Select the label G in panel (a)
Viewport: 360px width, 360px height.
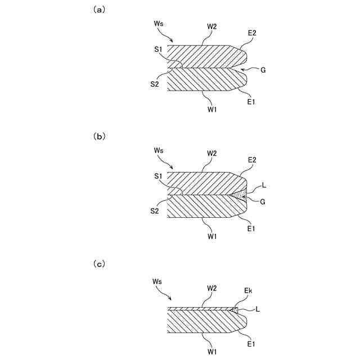click(263, 70)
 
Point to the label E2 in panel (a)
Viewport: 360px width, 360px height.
click(252, 34)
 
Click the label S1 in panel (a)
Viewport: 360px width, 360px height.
click(159, 49)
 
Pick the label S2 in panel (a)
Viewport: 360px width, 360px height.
click(155, 84)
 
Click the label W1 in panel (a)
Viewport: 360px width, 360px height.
click(212, 109)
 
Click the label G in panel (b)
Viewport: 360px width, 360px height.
click(263, 201)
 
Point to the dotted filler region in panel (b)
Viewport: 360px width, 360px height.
click(241, 195)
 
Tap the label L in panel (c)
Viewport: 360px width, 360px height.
click(258, 309)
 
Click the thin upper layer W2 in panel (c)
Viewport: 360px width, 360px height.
click(202, 309)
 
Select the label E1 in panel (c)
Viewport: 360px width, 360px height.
click(252, 341)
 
